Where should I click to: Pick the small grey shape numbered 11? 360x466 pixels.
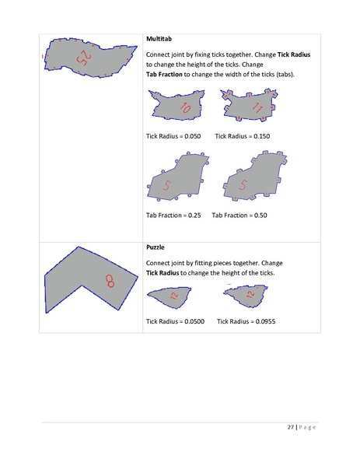pyautogui.click(x=250, y=105)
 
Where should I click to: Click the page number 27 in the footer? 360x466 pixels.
pyautogui.click(x=289, y=428)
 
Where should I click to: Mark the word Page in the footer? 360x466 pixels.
pyautogui.click(x=307, y=428)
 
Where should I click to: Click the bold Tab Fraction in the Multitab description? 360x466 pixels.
pyautogui.click(x=169, y=74)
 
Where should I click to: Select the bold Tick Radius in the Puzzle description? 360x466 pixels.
pyautogui.click(x=165, y=274)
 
